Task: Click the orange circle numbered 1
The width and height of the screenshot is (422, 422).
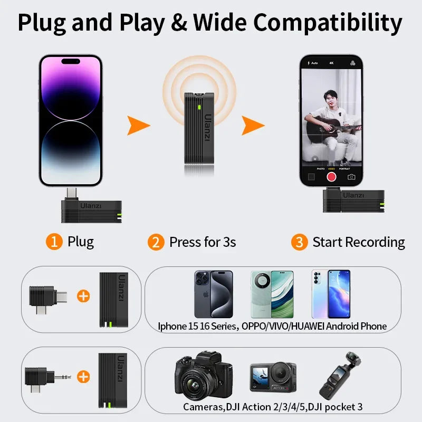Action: (54, 242)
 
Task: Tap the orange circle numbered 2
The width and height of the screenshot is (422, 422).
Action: (155, 242)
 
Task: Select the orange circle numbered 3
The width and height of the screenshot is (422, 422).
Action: (299, 242)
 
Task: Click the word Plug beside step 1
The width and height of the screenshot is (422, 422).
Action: (81, 242)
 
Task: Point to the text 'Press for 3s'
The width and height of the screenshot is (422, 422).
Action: (202, 242)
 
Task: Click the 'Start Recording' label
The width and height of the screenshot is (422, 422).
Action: (359, 242)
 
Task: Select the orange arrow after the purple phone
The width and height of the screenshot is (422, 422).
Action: (139, 126)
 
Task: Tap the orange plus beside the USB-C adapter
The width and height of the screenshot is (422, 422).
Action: (83, 295)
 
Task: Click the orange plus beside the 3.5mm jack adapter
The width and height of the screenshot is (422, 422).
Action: (83, 377)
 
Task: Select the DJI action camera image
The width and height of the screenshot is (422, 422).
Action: (273, 378)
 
